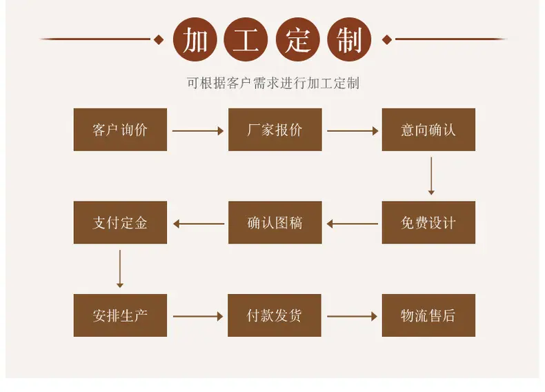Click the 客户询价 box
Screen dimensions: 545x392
point(120,130)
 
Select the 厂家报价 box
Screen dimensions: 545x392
point(275,130)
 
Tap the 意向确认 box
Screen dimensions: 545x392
point(428,130)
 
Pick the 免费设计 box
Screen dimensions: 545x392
point(428,222)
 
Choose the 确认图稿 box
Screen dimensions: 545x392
point(275,222)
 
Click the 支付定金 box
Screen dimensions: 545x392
point(120,222)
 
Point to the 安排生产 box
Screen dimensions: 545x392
point(120,315)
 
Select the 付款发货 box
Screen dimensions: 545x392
point(275,315)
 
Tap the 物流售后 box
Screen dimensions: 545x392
point(428,315)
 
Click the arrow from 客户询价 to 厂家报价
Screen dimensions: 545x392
point(198,131)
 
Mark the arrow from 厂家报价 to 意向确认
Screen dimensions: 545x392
point(353,131)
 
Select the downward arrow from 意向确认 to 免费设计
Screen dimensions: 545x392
point(431,176)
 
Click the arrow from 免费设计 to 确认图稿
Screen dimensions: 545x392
point(352,224)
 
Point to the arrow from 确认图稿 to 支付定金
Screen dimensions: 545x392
point(199,224)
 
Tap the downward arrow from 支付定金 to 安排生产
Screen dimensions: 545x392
point(120,269)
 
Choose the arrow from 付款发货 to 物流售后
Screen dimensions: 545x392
point(352,316)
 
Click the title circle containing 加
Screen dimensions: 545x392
point(195,39)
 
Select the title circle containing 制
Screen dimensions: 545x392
point(349,39)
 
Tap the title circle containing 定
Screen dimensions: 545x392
point(298,39)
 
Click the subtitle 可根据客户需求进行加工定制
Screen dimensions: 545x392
point(273,84)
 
